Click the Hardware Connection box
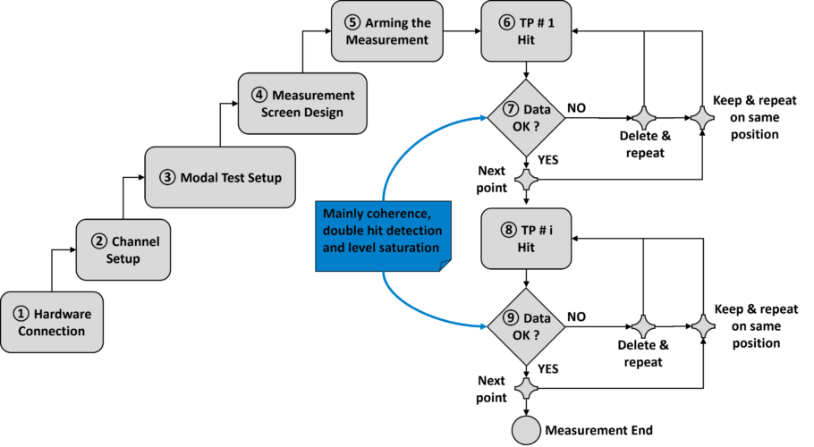point(52,322)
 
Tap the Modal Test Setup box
point(220,177)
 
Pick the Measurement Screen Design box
point(302,104)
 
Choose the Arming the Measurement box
point(387,30)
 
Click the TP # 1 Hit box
point(526,30)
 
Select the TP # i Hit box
point(526,238)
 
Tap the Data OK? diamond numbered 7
point(526,118)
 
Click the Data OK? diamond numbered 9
point(526,326)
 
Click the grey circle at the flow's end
point(526,430)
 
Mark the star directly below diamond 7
point(526,180)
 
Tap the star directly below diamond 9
point(526,388)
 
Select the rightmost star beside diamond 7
point(702,118)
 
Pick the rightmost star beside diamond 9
point(703,326)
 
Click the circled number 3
point(167,177)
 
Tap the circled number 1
point(21,314)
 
